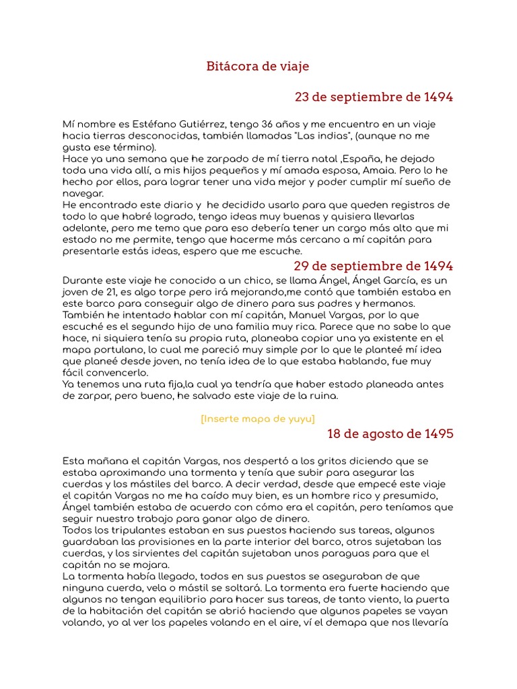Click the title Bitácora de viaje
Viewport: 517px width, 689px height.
point(258,67)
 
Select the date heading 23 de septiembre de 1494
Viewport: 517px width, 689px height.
point(374,97)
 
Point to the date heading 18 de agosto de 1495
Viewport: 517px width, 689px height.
point(390,434)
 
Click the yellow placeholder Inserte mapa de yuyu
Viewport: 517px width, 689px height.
point(258,419)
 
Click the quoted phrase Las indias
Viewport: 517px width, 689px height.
point(322,136)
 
